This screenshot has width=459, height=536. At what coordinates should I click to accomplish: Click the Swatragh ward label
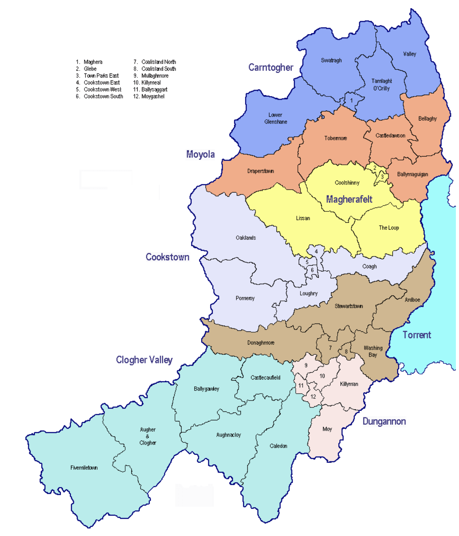(331, 60)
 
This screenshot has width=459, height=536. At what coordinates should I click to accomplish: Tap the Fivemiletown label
(84, 468)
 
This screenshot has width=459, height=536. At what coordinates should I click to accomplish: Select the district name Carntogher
(271, 68)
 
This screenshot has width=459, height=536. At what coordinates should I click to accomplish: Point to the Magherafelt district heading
(349, 199)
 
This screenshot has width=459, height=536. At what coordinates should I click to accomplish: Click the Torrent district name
(416, 335)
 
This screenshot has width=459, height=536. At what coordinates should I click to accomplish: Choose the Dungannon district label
(384, 421)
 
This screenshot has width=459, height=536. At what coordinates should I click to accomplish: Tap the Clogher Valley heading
(144, 360)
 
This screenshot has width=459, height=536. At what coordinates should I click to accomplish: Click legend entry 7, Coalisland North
(155, 62)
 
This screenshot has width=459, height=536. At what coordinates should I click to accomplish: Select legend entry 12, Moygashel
(149, 96)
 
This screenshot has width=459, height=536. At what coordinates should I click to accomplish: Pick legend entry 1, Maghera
(89, 62)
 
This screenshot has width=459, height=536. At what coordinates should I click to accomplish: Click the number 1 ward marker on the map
(351, 101)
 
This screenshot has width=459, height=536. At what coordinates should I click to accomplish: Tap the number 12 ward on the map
(313, 397)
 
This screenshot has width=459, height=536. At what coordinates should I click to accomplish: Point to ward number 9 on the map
(306, 365)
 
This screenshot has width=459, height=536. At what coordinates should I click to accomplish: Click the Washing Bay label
(373, 351)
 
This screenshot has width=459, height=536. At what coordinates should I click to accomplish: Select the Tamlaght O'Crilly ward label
(381, 85)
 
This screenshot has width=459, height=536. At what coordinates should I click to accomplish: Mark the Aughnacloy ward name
(228, 435)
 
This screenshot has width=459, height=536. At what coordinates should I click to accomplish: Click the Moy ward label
(327, 429)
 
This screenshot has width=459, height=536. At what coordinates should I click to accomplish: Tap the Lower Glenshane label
(275, 118)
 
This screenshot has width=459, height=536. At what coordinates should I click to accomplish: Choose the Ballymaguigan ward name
(412, 174)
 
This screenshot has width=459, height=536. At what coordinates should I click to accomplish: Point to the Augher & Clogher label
(148, 436)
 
